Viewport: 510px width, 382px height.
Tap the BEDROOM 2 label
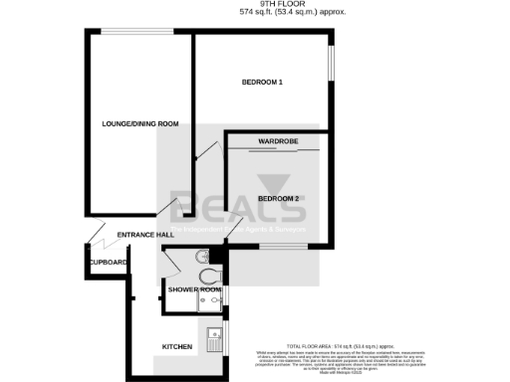[279, 199]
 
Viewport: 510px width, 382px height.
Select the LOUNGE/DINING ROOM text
[140, 123]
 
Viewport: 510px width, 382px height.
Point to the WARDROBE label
[280, 141]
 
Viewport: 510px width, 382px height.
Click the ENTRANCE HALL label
[145, 235]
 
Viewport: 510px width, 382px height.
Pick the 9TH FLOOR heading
[255, 4]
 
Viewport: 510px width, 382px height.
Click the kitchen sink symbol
[213, 341]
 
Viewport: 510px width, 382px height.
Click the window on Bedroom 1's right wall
[332, 75]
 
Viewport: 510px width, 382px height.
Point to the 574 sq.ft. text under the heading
[255, 13]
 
